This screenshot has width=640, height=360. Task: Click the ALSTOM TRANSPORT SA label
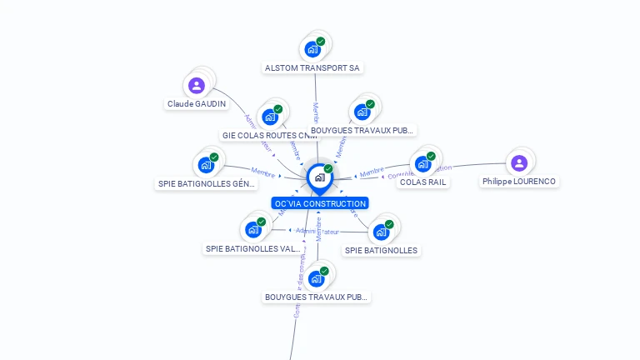pos(313,67)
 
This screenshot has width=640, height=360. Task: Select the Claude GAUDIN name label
pos(197,104)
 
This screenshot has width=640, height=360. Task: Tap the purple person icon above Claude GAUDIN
pos(197,85)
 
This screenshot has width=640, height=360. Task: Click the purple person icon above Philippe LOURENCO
pos(518,162)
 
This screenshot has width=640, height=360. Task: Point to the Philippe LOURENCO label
pos(519,182)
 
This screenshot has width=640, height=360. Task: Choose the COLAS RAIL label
pos(423,182)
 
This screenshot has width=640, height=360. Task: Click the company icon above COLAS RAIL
pos(423,163)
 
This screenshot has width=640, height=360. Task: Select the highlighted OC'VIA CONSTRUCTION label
pos(319,203)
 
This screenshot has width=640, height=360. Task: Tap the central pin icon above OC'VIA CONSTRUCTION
pos(319,177)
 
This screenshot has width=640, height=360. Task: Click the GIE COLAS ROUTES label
pos(270,135)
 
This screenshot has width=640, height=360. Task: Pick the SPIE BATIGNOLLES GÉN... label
pos(207,184)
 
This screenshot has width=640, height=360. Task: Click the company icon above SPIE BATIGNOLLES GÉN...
pos(206,165)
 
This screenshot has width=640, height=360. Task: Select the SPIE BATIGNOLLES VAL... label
pos(253,248)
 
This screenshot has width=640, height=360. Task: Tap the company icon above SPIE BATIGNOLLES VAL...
pos(253,229)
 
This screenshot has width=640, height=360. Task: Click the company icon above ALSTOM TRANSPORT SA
pos(312,48)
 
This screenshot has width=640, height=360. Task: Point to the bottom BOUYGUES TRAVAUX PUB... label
pos(317,297)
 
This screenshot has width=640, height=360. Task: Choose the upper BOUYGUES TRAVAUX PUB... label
pos(362,131)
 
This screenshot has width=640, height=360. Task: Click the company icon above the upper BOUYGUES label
pos(362,112)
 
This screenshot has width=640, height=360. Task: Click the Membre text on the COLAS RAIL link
pos(372,172)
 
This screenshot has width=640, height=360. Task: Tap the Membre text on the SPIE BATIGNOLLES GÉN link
pos(262,173)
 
